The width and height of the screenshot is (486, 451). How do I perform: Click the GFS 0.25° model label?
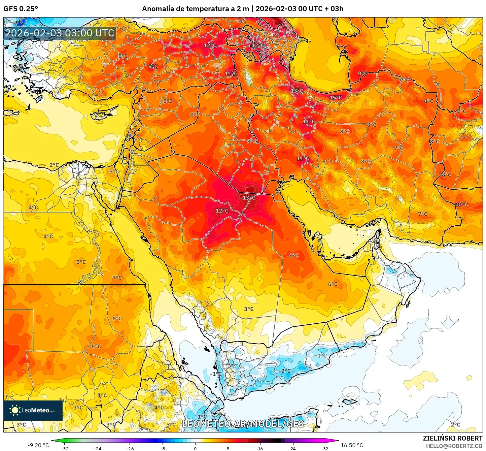tap(21, 9)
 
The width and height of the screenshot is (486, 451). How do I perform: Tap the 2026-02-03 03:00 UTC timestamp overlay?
tap(60, 33)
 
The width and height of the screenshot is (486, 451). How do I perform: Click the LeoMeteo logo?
tap(33, 410)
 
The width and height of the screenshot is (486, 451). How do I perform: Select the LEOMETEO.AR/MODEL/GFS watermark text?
tap(243, 424)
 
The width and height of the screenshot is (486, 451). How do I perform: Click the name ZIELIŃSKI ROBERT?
tap(452, 438)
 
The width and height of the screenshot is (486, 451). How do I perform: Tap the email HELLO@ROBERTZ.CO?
tap(454, 446)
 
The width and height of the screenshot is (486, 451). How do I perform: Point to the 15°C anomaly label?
tap(336, 98)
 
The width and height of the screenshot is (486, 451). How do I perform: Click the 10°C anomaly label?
tap(461, 204)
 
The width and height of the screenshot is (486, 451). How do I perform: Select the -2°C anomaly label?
tap(285, 371)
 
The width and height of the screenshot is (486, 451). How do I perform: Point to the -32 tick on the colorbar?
tap(65, 448)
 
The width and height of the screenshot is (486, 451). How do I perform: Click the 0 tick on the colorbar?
tap(195, 448)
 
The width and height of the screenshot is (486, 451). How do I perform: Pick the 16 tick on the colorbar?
tap(260, 448)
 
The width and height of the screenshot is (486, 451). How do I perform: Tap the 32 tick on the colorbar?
tap(325, 448)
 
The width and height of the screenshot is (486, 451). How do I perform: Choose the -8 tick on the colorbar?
tap(163, 448)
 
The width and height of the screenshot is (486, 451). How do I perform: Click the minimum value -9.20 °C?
tap(38, 445)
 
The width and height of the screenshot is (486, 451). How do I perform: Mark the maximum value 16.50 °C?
tap(352, 445)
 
